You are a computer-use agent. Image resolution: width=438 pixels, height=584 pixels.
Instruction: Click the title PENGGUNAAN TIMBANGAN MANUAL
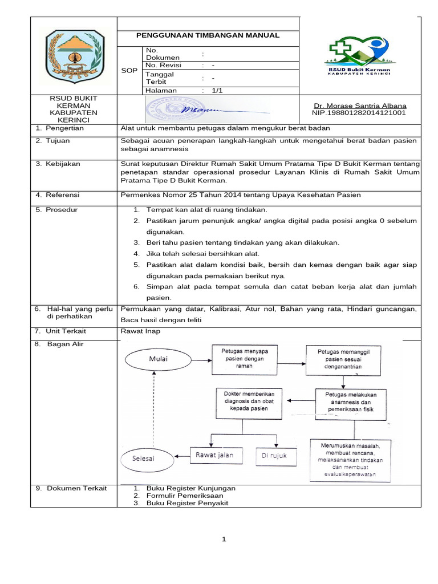coord(207,35)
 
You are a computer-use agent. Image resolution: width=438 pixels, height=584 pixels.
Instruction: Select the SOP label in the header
coord(129,70)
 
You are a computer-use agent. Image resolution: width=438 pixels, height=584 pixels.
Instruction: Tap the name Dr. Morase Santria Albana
coord(360,106)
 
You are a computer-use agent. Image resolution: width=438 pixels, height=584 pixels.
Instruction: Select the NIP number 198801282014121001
coord(360,113)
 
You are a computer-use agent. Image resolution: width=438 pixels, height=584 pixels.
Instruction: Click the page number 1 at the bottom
coord(224,540)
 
